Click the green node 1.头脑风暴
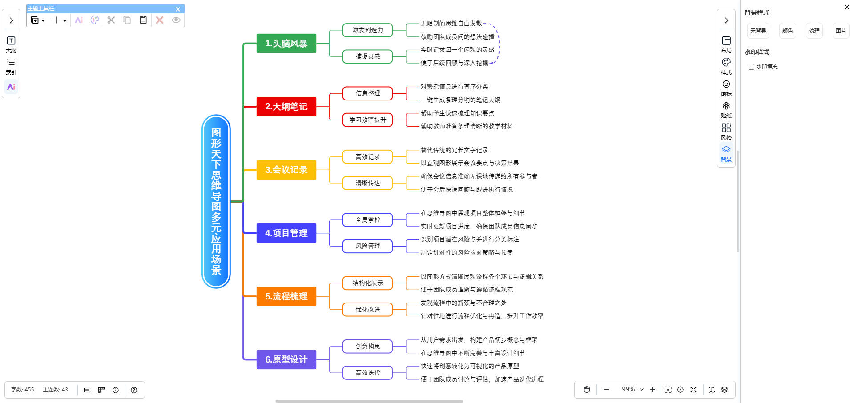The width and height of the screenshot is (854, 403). pyautogui.click(x=286, y=44)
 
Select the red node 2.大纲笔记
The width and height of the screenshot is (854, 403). pyautogui.click(x=286, y=107)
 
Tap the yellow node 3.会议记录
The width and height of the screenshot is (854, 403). pyautogui.click(x=286, y=170)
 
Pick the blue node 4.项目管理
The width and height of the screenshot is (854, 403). pyautogui.click(x=286, y=233)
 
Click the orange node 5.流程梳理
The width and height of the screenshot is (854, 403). pyautogui.click(x=286, y=296)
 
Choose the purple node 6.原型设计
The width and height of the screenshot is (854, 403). pyautogui.click(x=286, y=359)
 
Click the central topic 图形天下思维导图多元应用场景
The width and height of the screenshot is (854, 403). pyautogui.click(x=216, y=201)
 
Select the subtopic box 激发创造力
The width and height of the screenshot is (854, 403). pyautogui.click(x=367, y=30)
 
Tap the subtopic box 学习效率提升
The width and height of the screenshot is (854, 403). pyautogui.click(x=367, y=120)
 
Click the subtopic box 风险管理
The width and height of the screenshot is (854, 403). pyautogui.click(x=367, y=246)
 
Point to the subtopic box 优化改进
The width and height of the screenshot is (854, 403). pyautogui.click(x=367, y=310)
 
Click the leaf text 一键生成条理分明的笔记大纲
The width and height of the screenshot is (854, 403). pyautogui.click(x=460, y=100)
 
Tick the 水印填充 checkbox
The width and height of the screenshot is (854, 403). pyautogui.click(x=751, y=67)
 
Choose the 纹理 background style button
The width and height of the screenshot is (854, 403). pyautogui.click(x=814, y=31)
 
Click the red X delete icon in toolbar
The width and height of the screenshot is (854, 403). pyautogui.click(x=160, y=20)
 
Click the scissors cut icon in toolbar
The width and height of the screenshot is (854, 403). pyautogui.click(x=111, y=20)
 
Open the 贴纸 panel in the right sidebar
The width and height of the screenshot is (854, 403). pyautogui.click(x=726, y=109)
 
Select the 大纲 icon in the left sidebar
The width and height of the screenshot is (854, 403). pyautogui.click(x=11, y=44)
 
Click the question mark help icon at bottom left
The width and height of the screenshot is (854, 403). pyautogui.click(x=134, y=390)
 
